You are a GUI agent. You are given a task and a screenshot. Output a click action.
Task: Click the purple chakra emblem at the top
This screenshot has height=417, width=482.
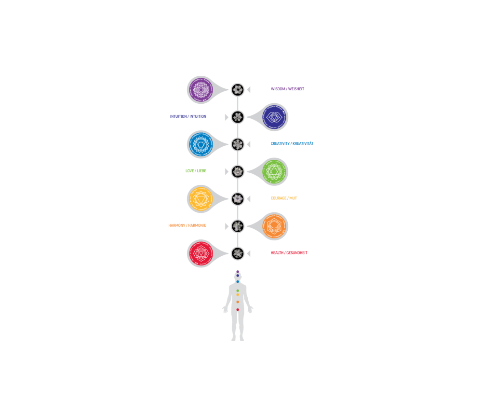click(200, 89)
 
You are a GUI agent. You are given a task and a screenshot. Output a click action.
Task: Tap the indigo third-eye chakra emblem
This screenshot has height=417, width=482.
click(275, 117)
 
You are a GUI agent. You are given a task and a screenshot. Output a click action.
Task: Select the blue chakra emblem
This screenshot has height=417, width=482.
click(200, 144)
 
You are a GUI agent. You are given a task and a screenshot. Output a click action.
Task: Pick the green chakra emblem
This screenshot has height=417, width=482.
click(275, 171)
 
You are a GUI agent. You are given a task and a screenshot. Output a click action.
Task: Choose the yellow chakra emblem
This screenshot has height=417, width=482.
click(200, 198)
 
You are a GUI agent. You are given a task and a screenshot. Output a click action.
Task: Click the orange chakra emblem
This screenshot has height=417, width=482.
click(275, 226)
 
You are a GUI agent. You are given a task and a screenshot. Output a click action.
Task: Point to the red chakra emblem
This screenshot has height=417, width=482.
click(200, 253)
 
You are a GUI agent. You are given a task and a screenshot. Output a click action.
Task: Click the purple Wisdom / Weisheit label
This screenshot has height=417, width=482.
click(288, 89)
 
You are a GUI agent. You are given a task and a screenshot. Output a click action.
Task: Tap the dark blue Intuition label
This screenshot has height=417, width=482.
click(188, 117)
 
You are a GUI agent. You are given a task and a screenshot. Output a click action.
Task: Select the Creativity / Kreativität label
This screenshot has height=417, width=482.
click(292, 144)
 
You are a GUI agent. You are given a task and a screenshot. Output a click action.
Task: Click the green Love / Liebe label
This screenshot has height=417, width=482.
click(196, 171)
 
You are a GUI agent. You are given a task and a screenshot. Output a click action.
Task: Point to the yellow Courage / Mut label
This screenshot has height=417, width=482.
click(283, 198)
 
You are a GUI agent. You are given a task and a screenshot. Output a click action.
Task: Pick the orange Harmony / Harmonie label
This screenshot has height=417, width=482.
click(187, 226)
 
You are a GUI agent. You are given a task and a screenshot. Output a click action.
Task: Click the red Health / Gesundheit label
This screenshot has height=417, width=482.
click(289, 253)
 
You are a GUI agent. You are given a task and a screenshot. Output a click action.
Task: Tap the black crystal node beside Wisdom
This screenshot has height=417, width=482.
click(238, 89)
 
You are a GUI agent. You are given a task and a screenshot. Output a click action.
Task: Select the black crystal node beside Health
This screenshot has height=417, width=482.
click(238, 253)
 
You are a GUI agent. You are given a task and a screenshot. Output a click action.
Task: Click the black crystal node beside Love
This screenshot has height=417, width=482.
click(238, 171)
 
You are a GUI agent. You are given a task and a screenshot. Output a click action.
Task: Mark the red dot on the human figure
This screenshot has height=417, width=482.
click(238, 309)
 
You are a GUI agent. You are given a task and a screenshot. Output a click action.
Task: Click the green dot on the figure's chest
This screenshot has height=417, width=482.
click(238, 291)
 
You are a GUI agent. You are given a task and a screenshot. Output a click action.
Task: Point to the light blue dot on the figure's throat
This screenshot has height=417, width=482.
click(238, 281)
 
